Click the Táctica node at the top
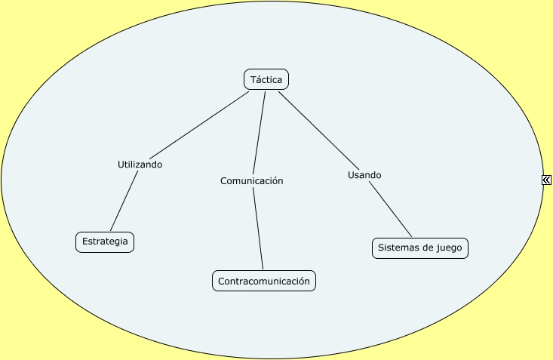click(x=266, y=79)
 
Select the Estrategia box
click(x=105, y=242)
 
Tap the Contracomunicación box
click(x=264, y=281)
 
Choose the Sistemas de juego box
click(x=420, y=248)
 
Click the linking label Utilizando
click(x=140, y=165)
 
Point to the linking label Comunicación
click(x=251, y=181)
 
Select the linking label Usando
click(x=364, y=175)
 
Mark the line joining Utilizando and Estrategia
click(x=125, y=201)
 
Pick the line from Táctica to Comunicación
click(x=259, y=132)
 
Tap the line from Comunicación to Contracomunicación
click(x=257, y=228)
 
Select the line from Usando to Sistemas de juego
click(x=390, y=210)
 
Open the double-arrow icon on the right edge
click(x=546, y=180)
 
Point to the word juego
click(x=450, y=248)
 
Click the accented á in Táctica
click(x=258, y=79)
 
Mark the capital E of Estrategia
click(x=84, y=242)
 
